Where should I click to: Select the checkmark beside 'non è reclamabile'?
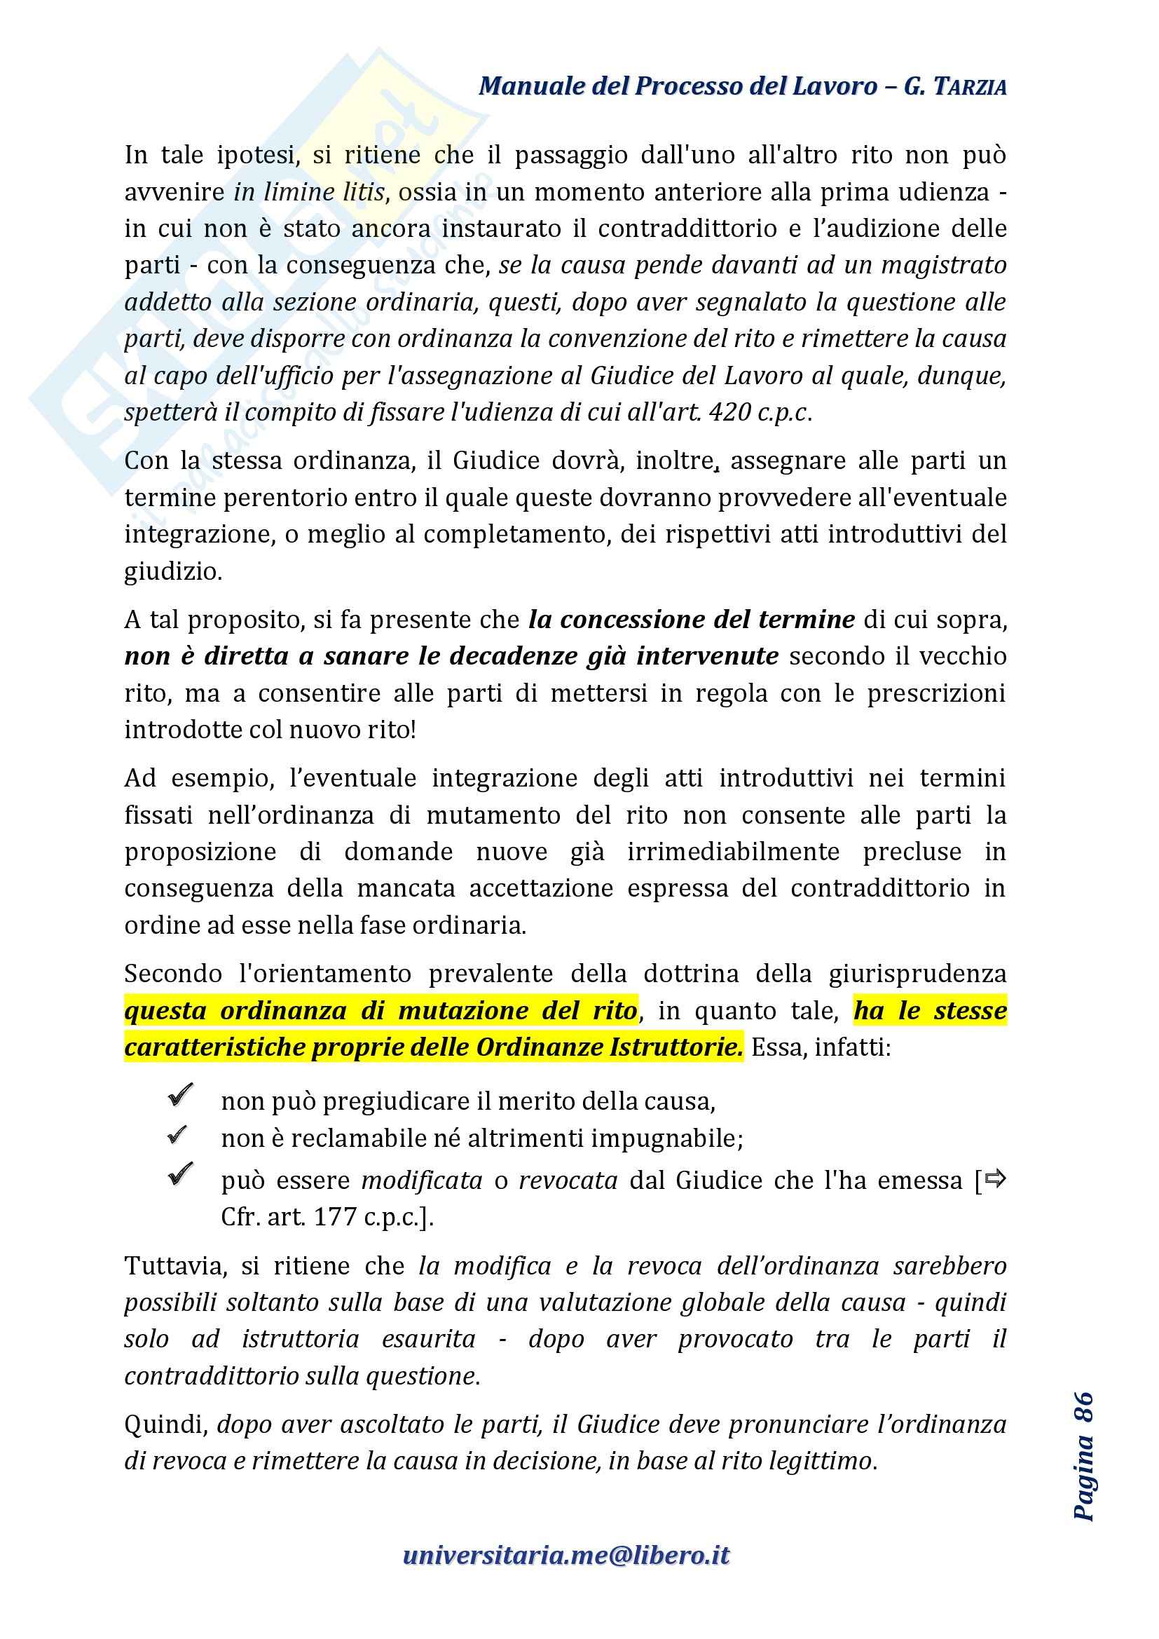tap(178, 1134)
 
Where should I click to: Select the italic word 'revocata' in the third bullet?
tap(568, 1180)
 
